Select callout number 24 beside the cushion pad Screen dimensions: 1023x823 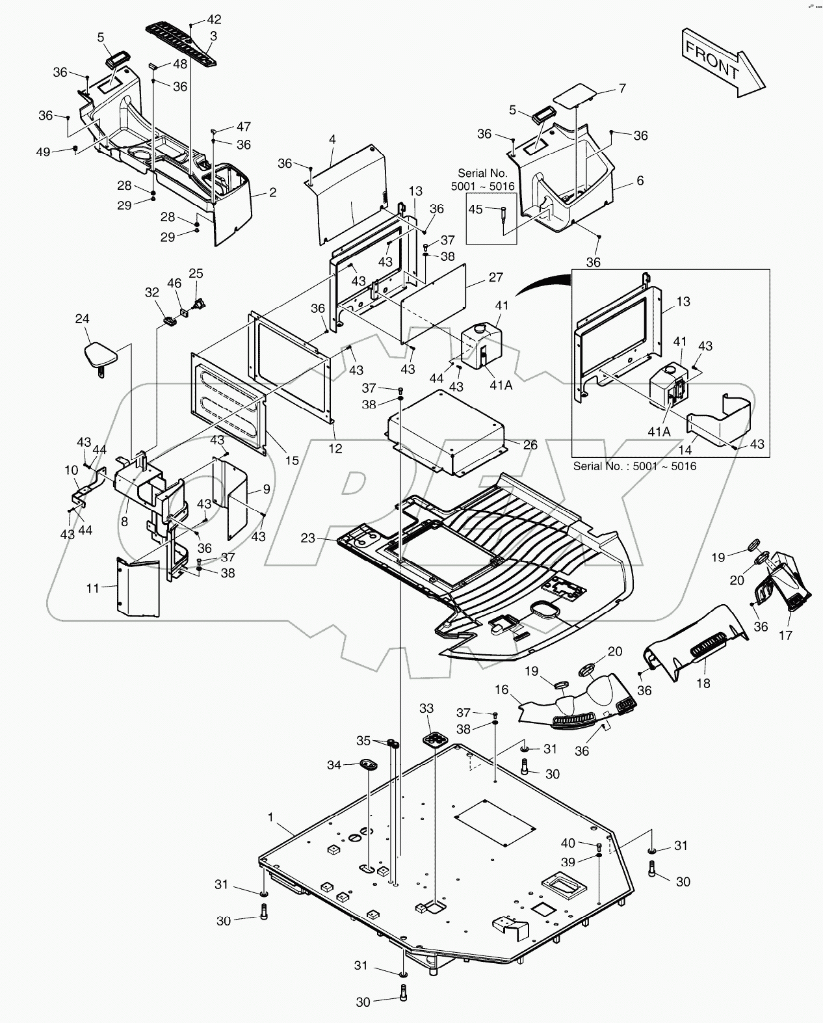click(82, 319)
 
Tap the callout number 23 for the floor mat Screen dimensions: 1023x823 click(308, 538)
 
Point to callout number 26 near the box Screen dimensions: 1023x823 click(530, 445)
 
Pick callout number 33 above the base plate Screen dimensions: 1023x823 click(426, 708)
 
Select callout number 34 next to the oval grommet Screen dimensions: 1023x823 click(334, 765)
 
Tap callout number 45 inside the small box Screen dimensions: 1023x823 click(475, 209)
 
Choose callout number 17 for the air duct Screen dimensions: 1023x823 click(785, 635)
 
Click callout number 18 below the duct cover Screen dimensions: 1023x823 click(703, 683)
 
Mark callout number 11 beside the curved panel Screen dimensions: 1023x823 click(93, 588)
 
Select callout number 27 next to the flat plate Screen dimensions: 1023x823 click(496, 278)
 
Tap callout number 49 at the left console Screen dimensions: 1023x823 click(43, 152)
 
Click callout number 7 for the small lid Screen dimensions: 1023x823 click(622, 88)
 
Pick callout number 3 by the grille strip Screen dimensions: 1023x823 click(213, 36)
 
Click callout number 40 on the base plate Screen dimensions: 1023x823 click(568, 843)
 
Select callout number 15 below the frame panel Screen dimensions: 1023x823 click(293, 460)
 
